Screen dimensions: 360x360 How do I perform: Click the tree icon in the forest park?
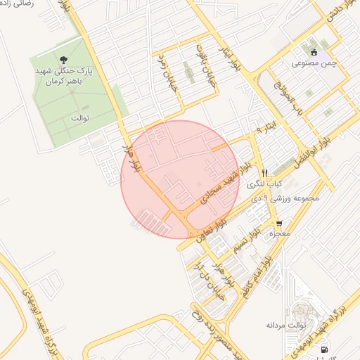pyautogui.click(x=65, y=60)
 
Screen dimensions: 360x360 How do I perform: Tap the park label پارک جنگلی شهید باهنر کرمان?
pyautogui.click(x=65, y=77)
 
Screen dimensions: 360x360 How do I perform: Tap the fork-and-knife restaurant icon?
pyautogui.click(x=265, y=172)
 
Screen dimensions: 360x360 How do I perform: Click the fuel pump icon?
pyautogui.click(x=324, y=349)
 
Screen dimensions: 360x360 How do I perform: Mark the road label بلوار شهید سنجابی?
pyautogui.click(x=225, y=184)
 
